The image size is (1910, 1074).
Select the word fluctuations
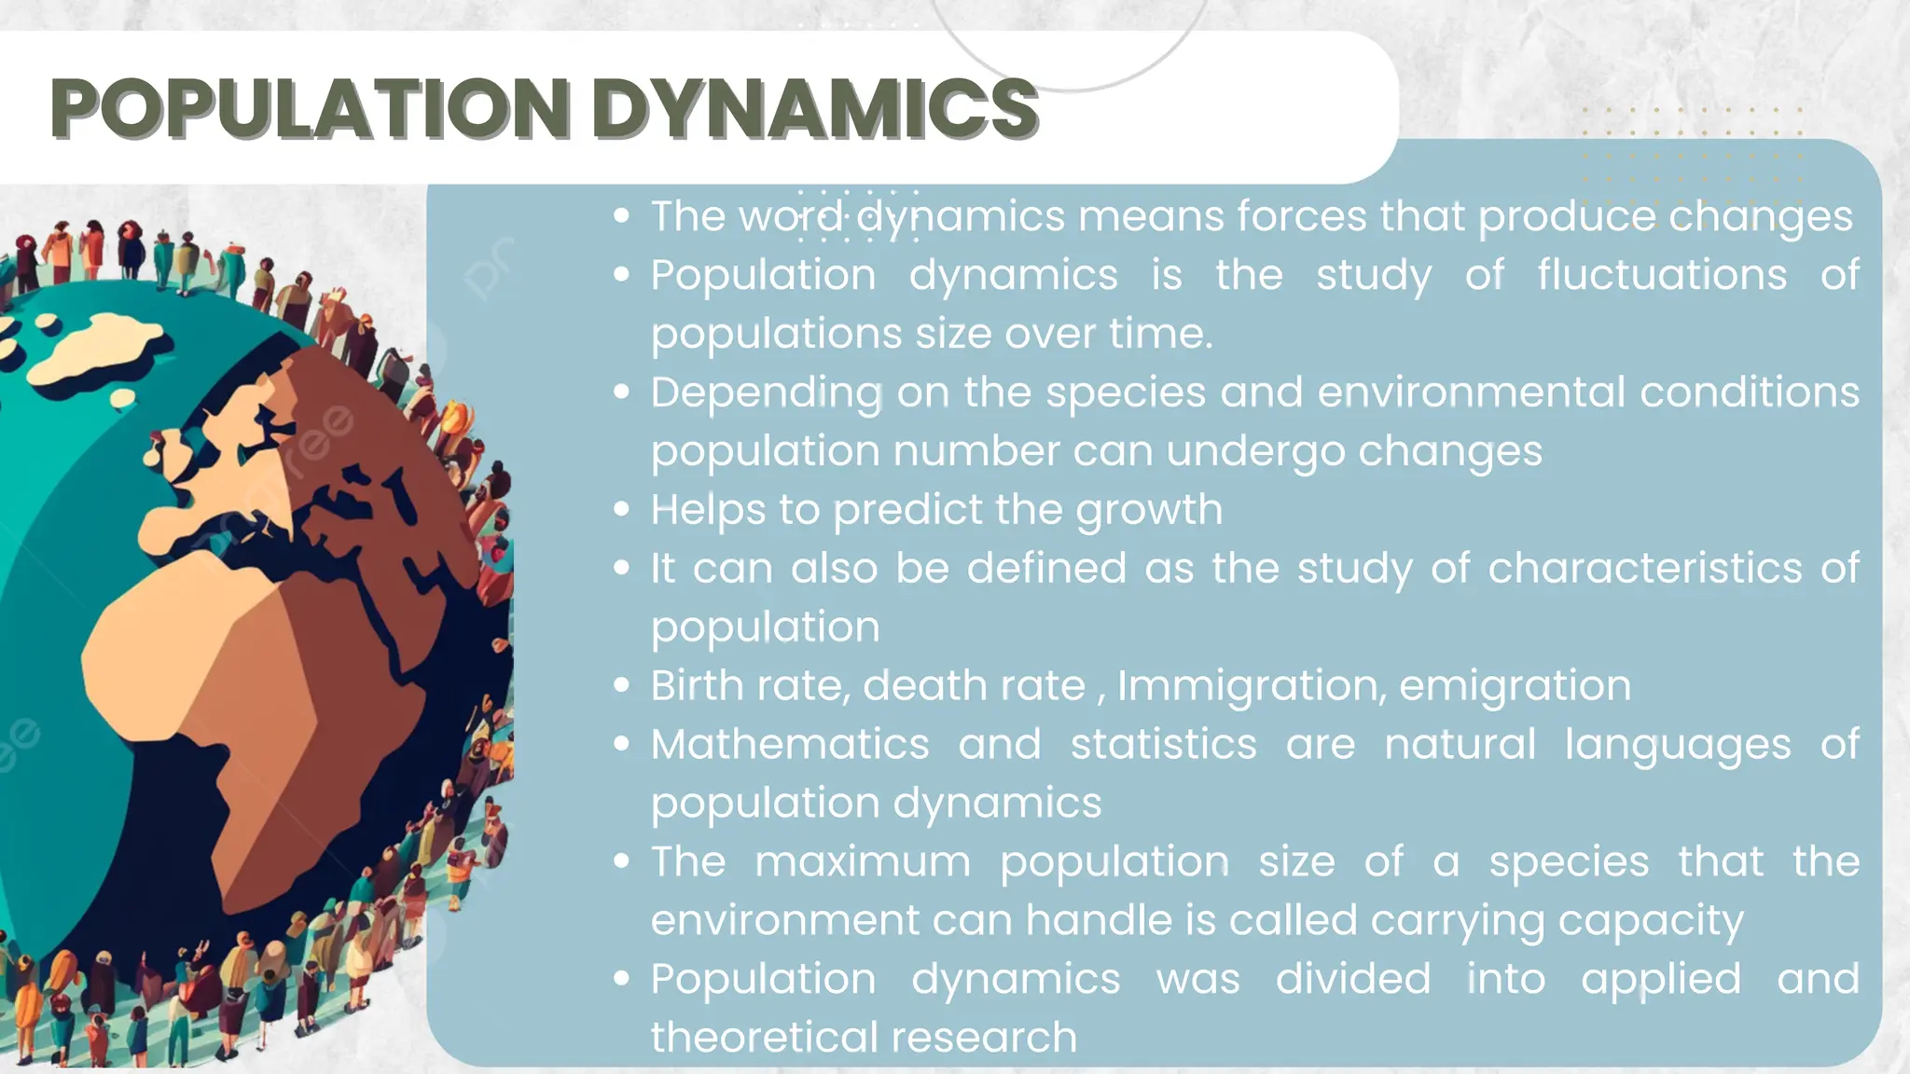click(x=1662, y=275)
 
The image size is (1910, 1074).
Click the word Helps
click(x=707, y=510)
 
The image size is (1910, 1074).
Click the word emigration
click(x=1515, y=686)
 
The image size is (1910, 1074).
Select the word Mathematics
click(x=790, y=745)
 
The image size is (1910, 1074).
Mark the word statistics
click(x=1163, y=745)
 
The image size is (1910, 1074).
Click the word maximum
click(x=863, y=861)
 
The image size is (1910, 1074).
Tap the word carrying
click(x=1457, y=921)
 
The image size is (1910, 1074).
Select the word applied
click(x=1660, y=980)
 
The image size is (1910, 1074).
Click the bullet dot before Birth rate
click(x=622, y=686)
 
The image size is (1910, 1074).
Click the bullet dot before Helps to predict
click(x=622, y=510)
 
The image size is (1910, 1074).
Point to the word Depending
click(x=767, y=392)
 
